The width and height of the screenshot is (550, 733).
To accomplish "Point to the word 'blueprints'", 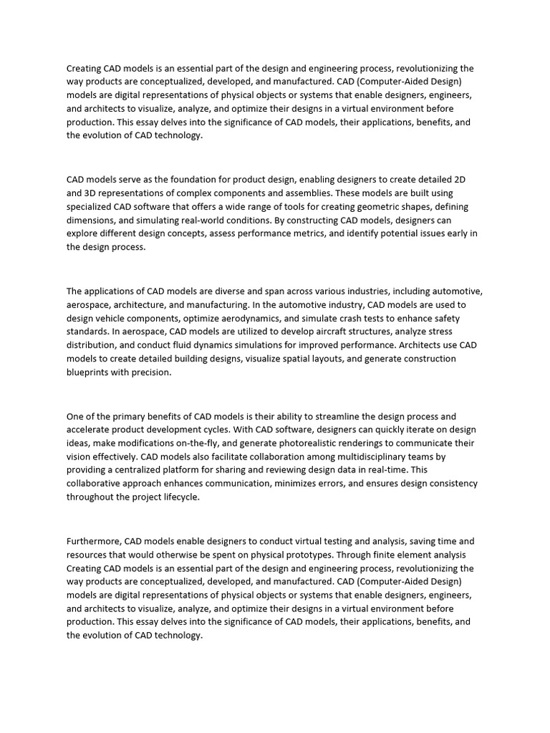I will point(90,373).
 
